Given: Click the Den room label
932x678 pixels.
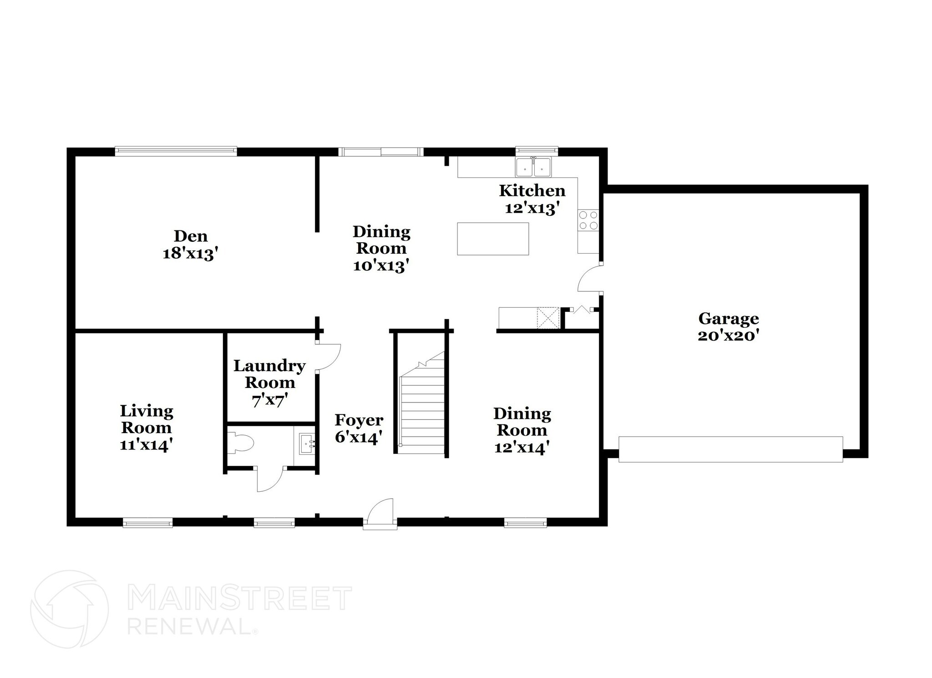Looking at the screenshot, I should (x=191, y=245).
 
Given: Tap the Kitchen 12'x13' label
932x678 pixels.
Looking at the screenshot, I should (x=532, y=199).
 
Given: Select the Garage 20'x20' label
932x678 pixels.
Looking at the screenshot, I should (x=728, y=326).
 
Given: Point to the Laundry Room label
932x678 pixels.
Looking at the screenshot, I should (x=269, y=382).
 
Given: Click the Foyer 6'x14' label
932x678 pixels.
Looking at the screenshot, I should (x=359, y=428).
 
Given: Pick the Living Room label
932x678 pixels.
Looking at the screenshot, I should (x=147, y=428).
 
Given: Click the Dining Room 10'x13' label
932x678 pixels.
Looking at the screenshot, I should (x=381, y=249).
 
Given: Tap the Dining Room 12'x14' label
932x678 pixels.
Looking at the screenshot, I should (x=522, y=430).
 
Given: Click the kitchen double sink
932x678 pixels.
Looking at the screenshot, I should (x=533, y=167).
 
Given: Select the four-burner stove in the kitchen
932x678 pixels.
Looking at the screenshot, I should (x=588, y=220).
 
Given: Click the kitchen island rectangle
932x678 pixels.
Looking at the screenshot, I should (x=493, y=239).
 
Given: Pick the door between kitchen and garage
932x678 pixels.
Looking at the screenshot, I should (x=590, y=279).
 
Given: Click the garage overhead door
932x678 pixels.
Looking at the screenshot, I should (x=730, y=449).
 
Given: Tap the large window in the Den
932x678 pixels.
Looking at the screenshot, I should (x=176, y=151).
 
